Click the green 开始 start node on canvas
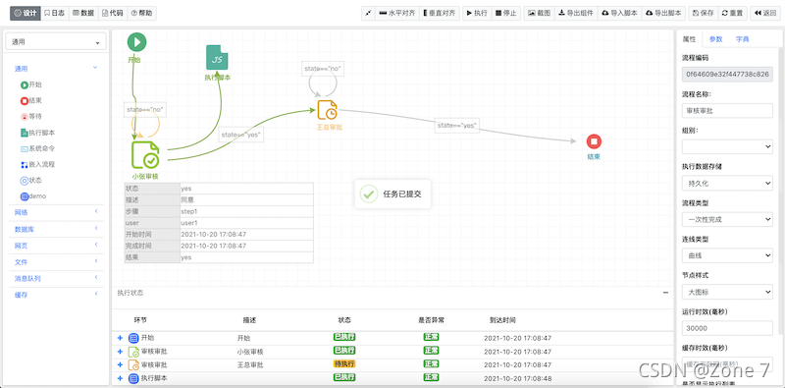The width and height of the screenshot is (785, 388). click(136, 41)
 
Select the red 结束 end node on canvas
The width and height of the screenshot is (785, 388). click(594, 141)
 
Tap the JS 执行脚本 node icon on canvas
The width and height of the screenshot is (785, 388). click(218, 57)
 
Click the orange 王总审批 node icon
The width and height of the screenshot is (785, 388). click(328, 109)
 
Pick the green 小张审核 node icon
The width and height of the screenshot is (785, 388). click(145, 155)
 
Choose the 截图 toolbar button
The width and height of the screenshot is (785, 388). click(539, 14)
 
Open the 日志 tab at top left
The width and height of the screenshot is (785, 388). click(54, 14)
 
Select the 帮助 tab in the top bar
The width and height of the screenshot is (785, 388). click(141, 14)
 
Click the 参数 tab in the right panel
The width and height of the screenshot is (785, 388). click(715, 39)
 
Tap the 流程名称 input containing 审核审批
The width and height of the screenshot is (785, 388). click(727, 110)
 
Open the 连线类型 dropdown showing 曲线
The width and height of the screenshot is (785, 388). click(727, 254)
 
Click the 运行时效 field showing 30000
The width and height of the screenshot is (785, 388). click(727, 328)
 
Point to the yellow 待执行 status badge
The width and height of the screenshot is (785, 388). click(343, 364)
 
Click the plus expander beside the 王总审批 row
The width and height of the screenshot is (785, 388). click(121, 364)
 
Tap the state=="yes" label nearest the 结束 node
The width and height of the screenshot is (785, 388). click(457, 126)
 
